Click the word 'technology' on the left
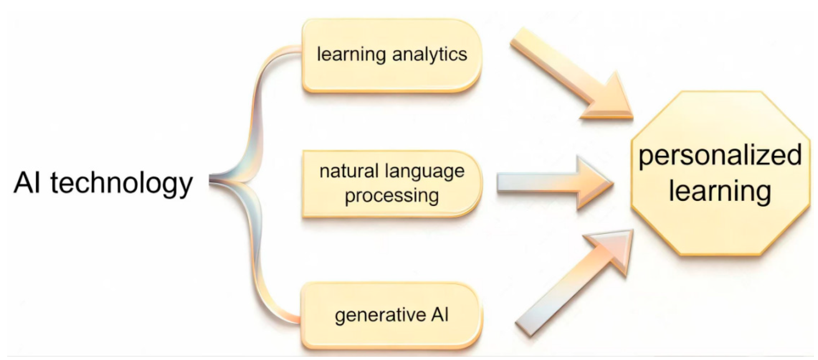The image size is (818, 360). (x=121, y=184)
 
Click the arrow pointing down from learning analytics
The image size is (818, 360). (x=572, y=75)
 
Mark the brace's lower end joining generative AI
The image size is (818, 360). (x=294, y=319)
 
